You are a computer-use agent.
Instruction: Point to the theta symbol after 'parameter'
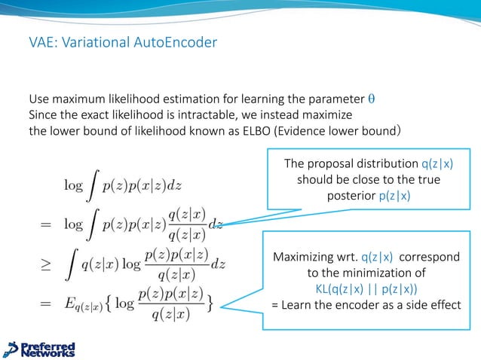click(x=370, y=99)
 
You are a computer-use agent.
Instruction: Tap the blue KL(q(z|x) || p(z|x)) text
click(x=368, y=288)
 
